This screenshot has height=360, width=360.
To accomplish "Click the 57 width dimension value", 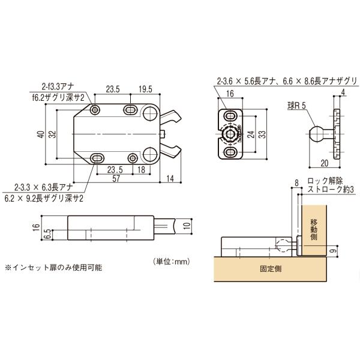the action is (116, 178).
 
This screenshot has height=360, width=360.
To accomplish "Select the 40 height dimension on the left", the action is (41, 134).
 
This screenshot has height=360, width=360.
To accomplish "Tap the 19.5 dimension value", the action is (145, 89).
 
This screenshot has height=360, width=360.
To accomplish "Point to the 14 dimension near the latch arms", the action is (170, 178).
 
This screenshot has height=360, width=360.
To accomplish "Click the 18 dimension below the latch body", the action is (141, 170).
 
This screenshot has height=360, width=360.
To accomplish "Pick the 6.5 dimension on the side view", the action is (47, 234).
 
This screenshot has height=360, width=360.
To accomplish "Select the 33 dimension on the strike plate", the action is (262, 134).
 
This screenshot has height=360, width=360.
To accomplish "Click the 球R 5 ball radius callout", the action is (297, 106).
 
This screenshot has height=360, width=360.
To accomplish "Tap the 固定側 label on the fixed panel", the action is (271, 269).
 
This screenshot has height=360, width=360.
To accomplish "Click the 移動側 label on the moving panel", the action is (314, 230).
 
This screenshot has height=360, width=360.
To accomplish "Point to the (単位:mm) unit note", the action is (172, 261).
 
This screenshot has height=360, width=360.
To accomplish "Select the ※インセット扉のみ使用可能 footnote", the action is (54, 268).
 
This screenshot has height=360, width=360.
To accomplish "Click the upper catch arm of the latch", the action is (170, 116).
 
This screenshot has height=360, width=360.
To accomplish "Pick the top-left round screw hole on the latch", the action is (95, 110).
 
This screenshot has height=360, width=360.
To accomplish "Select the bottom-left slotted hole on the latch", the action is (97, 158).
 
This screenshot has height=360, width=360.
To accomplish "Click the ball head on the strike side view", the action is (316, 134).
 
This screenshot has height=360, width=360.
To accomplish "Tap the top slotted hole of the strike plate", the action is (230, 116).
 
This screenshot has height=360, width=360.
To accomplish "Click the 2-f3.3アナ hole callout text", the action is (58, 87).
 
